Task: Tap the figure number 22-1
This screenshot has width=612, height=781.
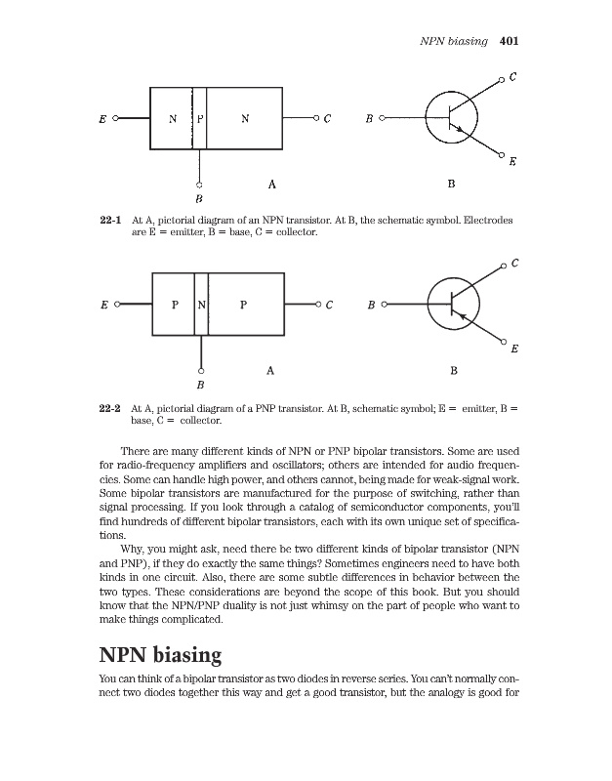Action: click(x=110, y=222)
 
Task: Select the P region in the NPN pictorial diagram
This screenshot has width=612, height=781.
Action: click(x=201, y=120)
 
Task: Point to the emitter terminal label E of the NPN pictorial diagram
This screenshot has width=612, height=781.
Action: click(x=102, y=121)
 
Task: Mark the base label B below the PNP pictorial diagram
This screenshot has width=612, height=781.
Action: click(x=201, y=384)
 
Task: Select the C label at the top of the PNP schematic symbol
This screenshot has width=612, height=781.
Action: click(x=514, y=263)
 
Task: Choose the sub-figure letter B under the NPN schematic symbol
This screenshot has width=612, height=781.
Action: click(x=450, y=183)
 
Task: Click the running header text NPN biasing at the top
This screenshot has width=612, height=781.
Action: click(x=453, y=42)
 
